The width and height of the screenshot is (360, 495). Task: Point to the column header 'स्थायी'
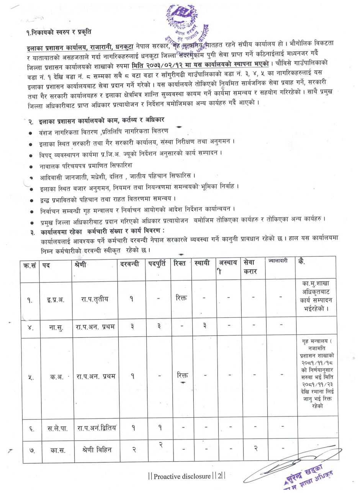202,264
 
